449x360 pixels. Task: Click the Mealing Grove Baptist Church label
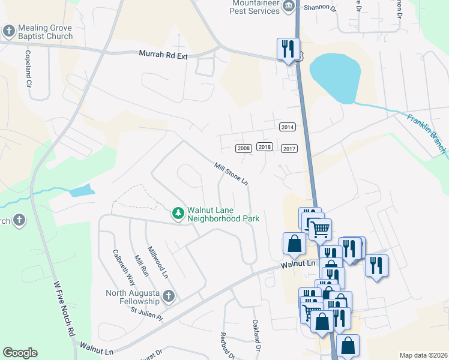pyautogui.click(x=46, y=32)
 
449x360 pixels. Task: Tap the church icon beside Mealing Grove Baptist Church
pyautogui.click(x=10, y=31)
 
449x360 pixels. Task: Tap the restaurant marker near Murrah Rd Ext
pyautogui.click(x=288, y=49)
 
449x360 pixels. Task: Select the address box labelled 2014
pyautogui.click(x=288, y=127)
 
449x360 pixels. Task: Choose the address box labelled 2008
pyautogui.click(x=243, y=148)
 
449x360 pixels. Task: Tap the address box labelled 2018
pyautogui.click(x=265, y=147)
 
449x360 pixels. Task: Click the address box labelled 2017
pyautogui.click(x=289, y=149)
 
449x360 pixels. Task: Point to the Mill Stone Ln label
pyautogui.click(x=231, y=173)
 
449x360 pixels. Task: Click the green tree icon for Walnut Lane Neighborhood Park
pyautogui.click(x=178, y=213)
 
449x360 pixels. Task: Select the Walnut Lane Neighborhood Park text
pyautogui.click(x=223, y=215)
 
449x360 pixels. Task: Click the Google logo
pyautogui.click(x=20, y=353)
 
